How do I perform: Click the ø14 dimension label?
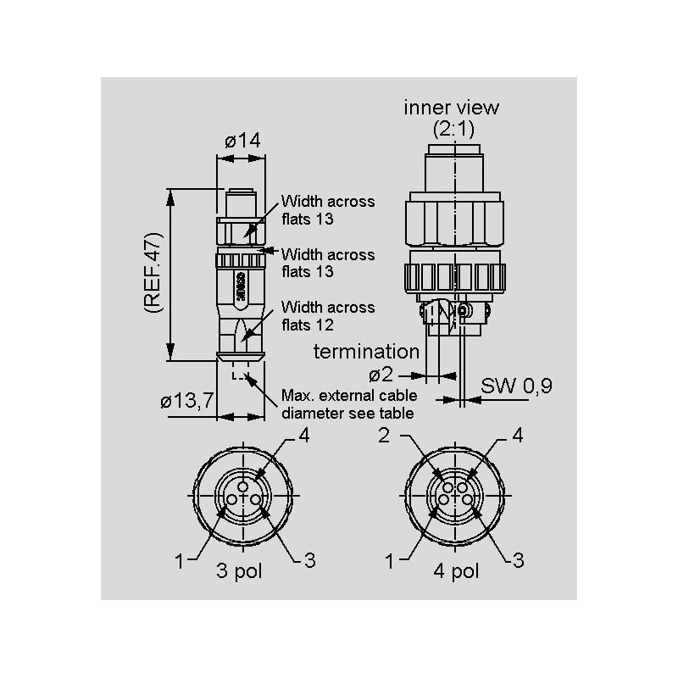242,141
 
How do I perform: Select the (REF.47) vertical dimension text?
153,272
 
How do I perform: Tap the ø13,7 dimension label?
186,401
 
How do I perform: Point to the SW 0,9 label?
516,386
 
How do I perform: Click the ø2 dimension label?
381,375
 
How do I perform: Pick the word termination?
366,352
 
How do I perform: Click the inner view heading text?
452,108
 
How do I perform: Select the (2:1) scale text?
453,129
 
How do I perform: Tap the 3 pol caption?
239,571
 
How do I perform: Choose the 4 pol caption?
456,571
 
